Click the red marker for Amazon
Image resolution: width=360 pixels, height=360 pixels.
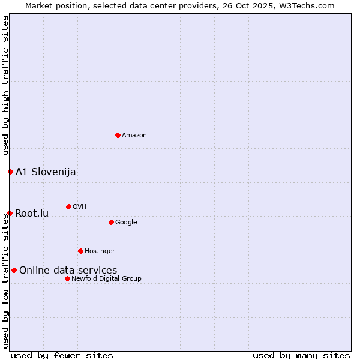point(118,135)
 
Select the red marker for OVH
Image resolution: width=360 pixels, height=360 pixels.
point(68,206)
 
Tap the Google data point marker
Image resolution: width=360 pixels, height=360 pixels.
point(111,222)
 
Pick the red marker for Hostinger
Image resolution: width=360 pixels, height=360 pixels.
point(80,251)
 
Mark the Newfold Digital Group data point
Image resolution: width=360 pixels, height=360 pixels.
point(67,278)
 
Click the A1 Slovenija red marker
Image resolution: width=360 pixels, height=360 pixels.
point(10,172)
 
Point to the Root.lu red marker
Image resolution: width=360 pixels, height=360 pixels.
point(10,213)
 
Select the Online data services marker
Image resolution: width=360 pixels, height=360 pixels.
point(14,270)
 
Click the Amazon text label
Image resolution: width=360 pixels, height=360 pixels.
point(134,136)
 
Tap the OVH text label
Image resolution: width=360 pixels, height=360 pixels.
point(80,207)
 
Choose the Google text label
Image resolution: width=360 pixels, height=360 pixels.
point(126,223)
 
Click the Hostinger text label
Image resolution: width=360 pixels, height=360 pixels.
point(100,251)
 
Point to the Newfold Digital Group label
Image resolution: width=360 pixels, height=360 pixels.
point(106,279)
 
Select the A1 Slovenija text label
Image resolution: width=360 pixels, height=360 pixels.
point(46,172)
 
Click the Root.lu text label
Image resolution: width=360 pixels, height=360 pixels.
point(32,214)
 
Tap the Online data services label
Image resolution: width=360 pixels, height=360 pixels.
point(68,271)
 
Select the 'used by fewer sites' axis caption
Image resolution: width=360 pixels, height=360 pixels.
point(62,355)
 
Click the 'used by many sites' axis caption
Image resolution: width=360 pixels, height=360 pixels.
point(301,355)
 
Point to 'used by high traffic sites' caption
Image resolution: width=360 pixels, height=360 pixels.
point(5,86)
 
